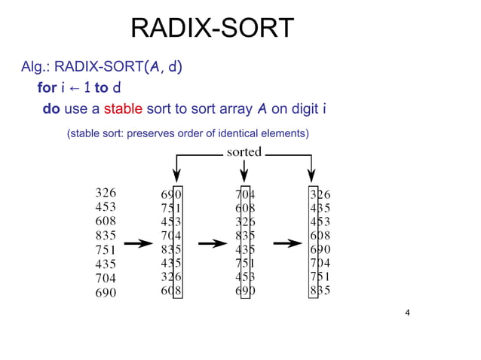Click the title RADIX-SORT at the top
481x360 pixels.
212,29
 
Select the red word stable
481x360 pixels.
123,109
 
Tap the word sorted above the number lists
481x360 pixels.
244,152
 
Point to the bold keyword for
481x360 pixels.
46,88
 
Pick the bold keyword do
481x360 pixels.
51,109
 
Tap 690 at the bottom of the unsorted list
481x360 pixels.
106,293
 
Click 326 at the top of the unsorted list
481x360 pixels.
106,193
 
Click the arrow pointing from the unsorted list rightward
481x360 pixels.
137,243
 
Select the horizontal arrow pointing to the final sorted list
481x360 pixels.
288,243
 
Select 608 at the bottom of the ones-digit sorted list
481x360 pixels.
171,290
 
